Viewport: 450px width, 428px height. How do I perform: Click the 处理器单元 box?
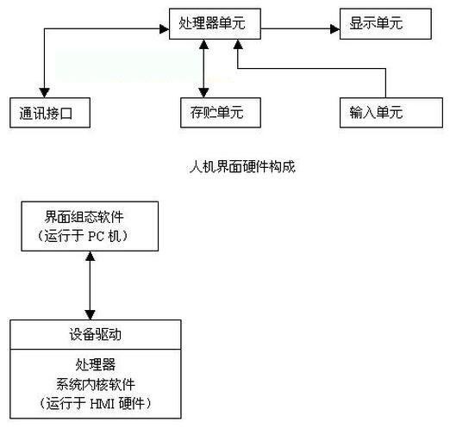[x=215, y=24]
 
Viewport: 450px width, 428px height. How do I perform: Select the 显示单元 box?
[x=385, y=24]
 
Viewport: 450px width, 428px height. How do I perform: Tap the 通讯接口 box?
[x=50, y=113]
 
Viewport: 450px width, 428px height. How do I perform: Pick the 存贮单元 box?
[x=221, y=113]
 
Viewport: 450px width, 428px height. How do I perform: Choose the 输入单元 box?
[x=391, y=113]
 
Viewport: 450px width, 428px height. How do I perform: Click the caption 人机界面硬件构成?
[x=242, y=166]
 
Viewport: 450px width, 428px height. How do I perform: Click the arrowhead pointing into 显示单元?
[x=335, y=28]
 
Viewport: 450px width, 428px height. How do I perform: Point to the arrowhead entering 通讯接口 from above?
[x=44, y=93]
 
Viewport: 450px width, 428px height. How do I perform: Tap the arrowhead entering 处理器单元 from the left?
[x=165, y=28]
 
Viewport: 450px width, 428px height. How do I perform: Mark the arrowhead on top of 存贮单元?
[x=203, y=93]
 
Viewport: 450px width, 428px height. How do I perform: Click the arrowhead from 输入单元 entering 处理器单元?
[x=238, y=44]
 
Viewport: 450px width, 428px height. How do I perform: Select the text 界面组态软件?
[x=84, y=217]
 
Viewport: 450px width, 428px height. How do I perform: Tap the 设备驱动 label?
[x=95, y=335]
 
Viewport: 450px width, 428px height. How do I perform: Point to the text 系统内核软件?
[x=96, y=384]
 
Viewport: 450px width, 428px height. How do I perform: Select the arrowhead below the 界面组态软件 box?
[x=91, y=256]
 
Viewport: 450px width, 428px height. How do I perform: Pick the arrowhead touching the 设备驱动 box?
[x=91, y=315]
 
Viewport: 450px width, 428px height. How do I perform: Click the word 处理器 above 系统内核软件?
[x=96, y=365]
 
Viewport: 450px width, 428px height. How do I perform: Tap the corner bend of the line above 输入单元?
[x=385, y=69]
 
